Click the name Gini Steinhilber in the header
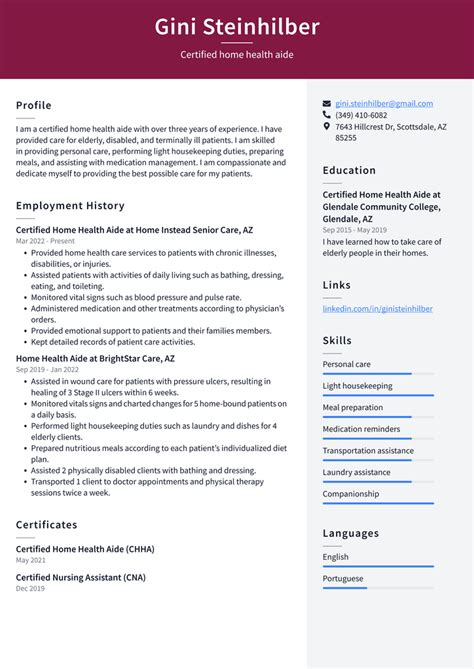click(237, 26)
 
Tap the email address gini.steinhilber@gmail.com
click(384, 103)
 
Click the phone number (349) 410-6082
click(361, 115)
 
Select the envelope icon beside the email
click(327, 103)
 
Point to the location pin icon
click(327, 127)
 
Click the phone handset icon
click(327, 115)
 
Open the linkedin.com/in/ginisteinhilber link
click(377, 309)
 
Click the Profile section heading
click(33, 105)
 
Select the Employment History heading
click(70, 206)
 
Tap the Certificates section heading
click(46, 525)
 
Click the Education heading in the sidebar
click(349, 170)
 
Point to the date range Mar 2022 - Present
click(45, 241)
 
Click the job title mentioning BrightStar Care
click(95, 358)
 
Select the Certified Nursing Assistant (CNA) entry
click(81, 578)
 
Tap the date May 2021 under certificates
click(31, 561)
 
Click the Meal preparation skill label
click(352, 408)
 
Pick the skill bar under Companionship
click(378, 503)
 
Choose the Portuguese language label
click(344, 578)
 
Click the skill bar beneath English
click(378, 566)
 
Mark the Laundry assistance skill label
click(356, 472)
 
